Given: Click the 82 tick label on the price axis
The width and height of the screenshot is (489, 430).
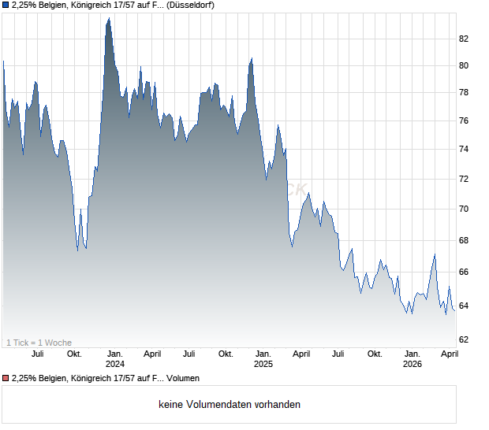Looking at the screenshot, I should pos(464,39).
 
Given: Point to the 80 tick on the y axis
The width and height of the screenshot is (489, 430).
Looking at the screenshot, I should pos(464,65).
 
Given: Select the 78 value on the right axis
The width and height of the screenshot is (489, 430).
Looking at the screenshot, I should pos(464,93).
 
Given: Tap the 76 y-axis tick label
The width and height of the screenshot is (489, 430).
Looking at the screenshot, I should pos(464,120).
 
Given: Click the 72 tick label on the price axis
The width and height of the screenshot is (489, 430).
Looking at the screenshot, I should pos(464,179).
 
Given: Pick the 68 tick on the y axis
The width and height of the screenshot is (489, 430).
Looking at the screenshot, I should pos(464,240).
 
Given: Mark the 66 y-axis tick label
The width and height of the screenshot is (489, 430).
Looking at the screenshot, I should pos(464,272).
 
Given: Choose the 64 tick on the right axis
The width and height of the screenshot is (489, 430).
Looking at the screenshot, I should pos(464,306).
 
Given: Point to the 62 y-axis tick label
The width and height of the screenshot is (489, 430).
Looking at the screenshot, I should pos(464,339).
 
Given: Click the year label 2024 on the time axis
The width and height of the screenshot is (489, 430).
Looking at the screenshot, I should pos(115,364).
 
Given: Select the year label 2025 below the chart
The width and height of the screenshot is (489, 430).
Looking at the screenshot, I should pos(263,364).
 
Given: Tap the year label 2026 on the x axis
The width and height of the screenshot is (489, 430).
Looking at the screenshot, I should pos(412,364).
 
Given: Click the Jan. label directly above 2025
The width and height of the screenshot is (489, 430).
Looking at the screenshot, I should pos(263,354).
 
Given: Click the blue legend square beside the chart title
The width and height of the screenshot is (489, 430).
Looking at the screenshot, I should pos(6,5).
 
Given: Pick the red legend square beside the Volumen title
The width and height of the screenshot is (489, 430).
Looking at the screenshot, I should pos(6,378).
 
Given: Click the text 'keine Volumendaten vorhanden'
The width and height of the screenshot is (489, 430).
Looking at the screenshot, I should pos(229,405).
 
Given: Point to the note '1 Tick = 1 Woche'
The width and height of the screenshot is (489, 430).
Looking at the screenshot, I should pos(39,342).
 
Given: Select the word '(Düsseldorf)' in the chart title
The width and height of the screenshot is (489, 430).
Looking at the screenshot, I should pos(191,5).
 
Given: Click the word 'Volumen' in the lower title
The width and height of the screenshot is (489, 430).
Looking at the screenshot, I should pos(182,378).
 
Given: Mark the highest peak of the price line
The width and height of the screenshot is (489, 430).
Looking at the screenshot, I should pos(108,18).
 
